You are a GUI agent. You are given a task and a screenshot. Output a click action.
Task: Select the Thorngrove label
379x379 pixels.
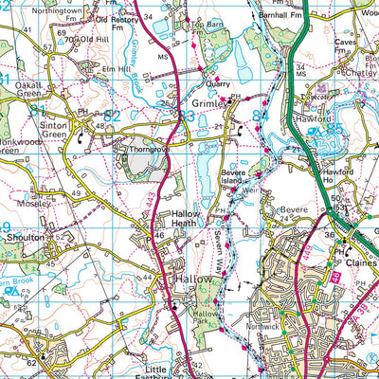[x=135, y=149]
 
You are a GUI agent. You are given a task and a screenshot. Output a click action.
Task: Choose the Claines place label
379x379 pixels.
[x=360, y=262]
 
